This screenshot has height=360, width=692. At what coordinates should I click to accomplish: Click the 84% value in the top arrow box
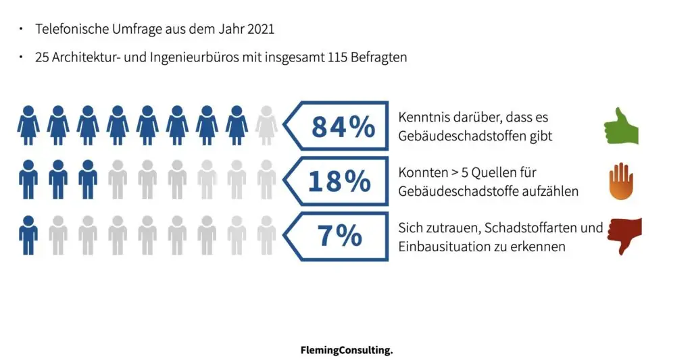click(x=343, y=126)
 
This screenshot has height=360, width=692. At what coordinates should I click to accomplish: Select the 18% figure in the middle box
click(x=339, y=181)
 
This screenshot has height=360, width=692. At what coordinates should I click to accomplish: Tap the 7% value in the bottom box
click(x=339, y=236)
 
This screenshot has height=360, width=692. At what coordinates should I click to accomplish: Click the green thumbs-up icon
click(x=620, y=126)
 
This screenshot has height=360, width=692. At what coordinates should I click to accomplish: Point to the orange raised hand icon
click(x=621, y=182)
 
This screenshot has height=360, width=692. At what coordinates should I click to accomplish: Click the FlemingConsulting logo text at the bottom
click(x=346, y=351)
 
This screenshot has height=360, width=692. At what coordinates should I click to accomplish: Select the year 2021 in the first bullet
click(x=261, y=29)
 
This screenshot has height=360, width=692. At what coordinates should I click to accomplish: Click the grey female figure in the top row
click(x=266, y=125)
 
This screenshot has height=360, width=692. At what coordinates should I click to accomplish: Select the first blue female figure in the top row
click(x=28, y=125)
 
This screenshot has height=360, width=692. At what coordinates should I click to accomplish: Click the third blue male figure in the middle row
click(x=88, y=180)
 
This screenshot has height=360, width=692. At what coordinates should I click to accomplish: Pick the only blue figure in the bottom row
click(x=28, y=235)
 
